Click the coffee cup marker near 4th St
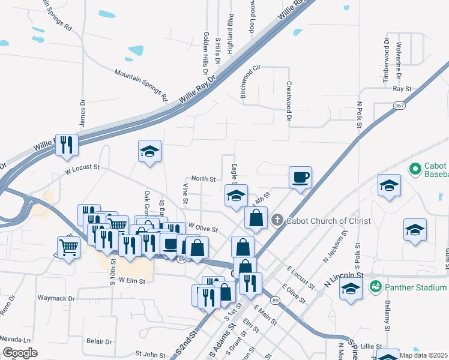tap(300, 177)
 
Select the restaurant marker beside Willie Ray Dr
tap(67, 145)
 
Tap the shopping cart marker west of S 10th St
tap(69, 246)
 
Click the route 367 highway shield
tap(400, 105)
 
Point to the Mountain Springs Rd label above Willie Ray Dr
tap(142, 85)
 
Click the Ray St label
tap(402, 89)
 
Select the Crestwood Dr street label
tap(289, 102)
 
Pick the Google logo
tap(20, 353)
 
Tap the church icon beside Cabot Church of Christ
tap(277, 220)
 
